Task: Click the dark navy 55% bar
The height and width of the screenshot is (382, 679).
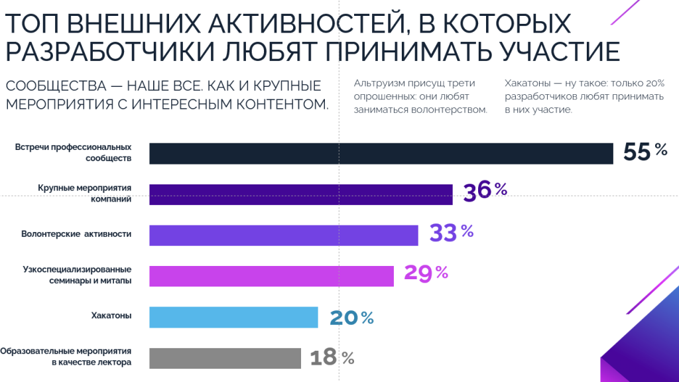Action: (381, 153)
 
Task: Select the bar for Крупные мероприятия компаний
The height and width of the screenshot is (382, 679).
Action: (300, 194)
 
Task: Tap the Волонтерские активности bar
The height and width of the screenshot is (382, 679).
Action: (283, 235)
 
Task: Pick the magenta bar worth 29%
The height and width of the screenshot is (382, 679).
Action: (271, 276)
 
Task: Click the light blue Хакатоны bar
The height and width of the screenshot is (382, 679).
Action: (233, 317)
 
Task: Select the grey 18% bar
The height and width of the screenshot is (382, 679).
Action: (225, 358)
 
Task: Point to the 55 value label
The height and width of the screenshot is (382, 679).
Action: (637, 153)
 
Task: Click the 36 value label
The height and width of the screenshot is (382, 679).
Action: (477, 192)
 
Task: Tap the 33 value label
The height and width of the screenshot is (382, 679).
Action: (443, 233)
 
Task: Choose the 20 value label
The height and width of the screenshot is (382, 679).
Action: (343, 318)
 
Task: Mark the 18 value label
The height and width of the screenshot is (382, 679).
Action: (324, 359)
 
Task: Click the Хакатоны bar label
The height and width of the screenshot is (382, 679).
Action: (111, 316)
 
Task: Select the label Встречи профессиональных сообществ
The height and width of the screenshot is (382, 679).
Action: (73, 153)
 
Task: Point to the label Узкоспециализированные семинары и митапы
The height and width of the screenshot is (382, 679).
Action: (77, 275)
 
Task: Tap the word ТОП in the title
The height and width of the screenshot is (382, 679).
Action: (32, 24)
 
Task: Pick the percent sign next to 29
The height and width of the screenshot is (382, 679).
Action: (442, 273)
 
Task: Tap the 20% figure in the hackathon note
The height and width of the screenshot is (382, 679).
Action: (653, 84)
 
